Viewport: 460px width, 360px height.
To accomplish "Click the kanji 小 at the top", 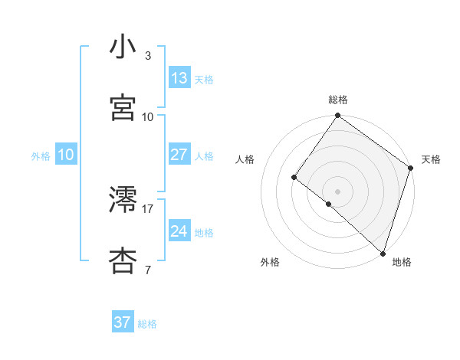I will (123, 47).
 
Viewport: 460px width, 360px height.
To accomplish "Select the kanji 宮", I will (123, 108).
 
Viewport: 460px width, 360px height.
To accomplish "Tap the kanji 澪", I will (123, 200).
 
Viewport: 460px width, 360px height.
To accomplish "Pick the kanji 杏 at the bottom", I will (123, 261).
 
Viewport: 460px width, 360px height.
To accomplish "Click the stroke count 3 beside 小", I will (148, 56).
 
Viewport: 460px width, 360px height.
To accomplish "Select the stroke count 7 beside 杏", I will (148, 270).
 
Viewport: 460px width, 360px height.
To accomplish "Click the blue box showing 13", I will (179, 78).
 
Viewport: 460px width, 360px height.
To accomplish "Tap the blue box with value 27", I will (179, 155).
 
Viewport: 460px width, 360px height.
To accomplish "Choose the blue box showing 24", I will (179, 231).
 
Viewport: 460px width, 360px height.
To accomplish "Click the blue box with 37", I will (122, 322).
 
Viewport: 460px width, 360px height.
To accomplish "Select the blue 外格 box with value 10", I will (65, 155).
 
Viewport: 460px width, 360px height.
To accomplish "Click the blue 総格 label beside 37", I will (147, 324).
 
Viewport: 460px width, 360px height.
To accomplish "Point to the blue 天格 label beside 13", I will (204, 80).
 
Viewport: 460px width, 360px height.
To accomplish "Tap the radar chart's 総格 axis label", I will (338, 100).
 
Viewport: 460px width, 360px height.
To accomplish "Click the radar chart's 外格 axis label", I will (270, 262).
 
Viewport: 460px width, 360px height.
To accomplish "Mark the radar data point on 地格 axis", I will (383, 252).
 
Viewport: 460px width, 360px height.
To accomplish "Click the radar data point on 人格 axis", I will (294, 178).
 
